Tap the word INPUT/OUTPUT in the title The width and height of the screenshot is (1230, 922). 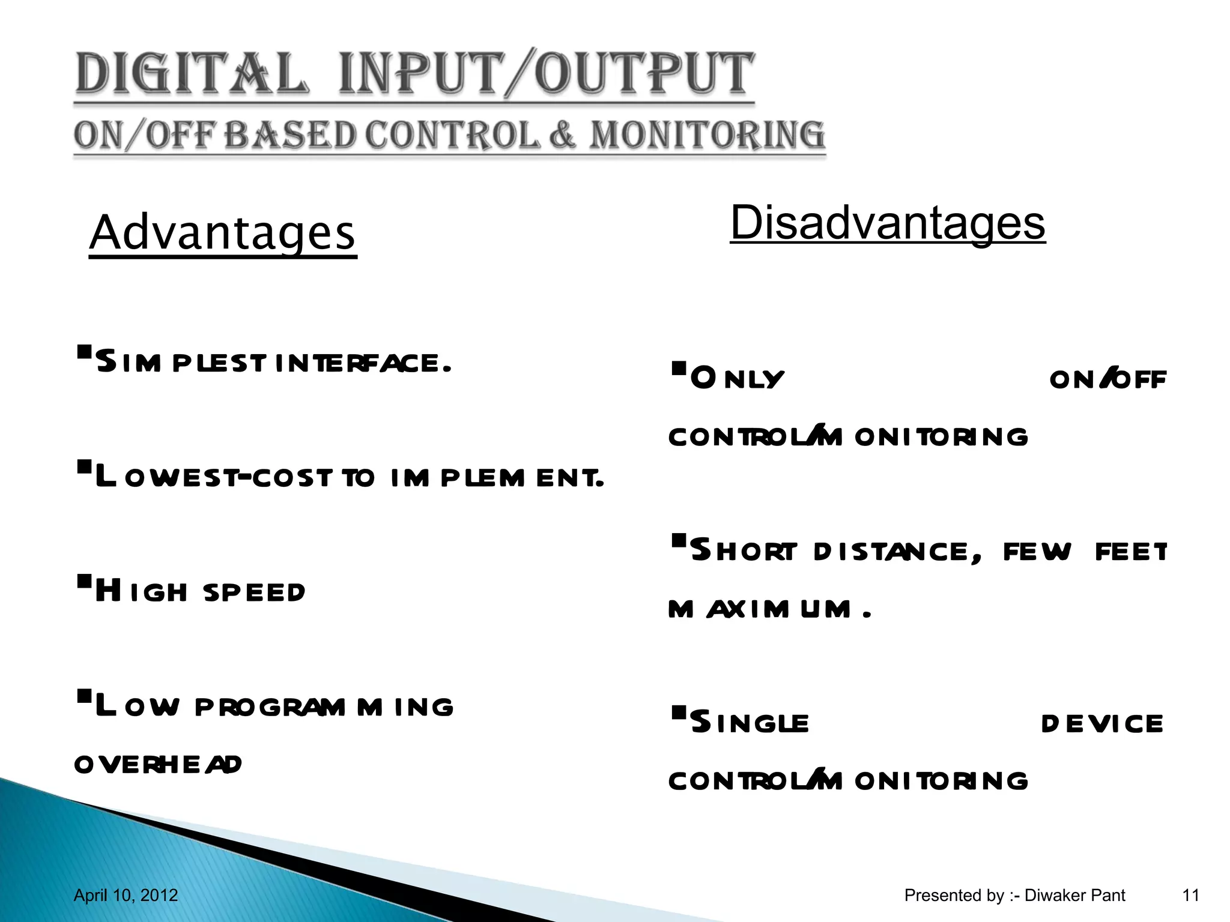[x=545, y=74]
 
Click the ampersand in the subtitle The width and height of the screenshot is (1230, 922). [x=562, y=134]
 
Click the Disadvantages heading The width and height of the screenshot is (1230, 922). [x=888, y=223]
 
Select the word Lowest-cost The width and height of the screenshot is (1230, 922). [x=213, y=478]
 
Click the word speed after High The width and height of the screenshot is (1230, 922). [x=255, y=592]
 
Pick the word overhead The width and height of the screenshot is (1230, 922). [x=158, y=764]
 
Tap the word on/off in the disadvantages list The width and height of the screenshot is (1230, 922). [x=1107, y=378]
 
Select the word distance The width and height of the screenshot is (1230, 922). [x=898, y=552]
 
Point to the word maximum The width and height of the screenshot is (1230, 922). [x=760, y=609]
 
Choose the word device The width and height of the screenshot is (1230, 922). [x=1102, y=723]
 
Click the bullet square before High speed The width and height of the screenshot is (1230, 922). [x=84, y=580]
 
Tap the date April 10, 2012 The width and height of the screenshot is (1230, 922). [x=126, y=895]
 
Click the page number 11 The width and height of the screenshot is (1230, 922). [x=1190, y=895]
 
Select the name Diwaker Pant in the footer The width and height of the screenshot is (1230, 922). [x=1074, y=895]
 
